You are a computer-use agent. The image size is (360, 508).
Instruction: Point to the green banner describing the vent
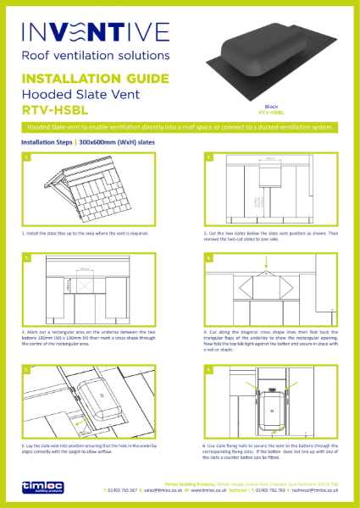pyautogui.click(x=180, y=127)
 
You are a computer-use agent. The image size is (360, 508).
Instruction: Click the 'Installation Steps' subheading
pyautogui.click(x=51, y=143)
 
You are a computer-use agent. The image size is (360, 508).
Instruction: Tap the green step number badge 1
pyautogui.click(x=26, y=157)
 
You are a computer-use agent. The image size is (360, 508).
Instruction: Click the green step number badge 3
pyautogui.click(x=26, y=257)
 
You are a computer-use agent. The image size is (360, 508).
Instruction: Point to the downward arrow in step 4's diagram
pyautogui.click(x=269, y=273)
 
